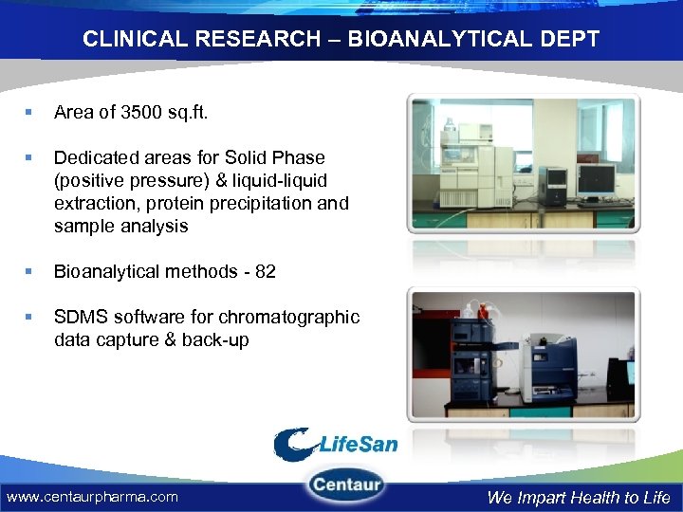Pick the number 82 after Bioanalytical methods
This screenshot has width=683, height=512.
coord(265,271)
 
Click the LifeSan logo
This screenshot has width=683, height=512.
coord(336,443)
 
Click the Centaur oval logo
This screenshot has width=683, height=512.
coord(345,485)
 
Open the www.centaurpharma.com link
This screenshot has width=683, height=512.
coord(92,496)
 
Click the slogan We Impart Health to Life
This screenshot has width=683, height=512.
coord(578,497)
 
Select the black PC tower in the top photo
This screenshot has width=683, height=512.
coord(554,185)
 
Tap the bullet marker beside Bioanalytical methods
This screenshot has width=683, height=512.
coord(32,272)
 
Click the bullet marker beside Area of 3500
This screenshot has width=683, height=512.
coord(32,113)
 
